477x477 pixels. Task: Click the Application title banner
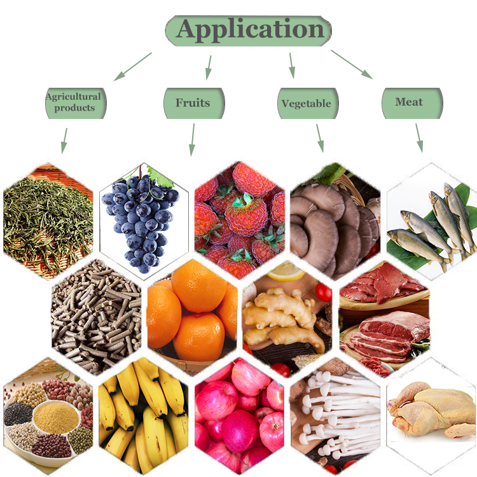pos(249,30)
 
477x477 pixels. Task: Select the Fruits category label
pos(193,102)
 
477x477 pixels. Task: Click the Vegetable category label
pos(307,103)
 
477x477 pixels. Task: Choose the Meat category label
pos(410,102)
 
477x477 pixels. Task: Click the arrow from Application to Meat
pos(351,64)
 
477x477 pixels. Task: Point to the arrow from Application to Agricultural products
pos(133,66)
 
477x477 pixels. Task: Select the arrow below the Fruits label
pos(191,139)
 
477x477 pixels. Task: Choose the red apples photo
pos(239,413)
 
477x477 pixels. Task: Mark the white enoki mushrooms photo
pos(335,413)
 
